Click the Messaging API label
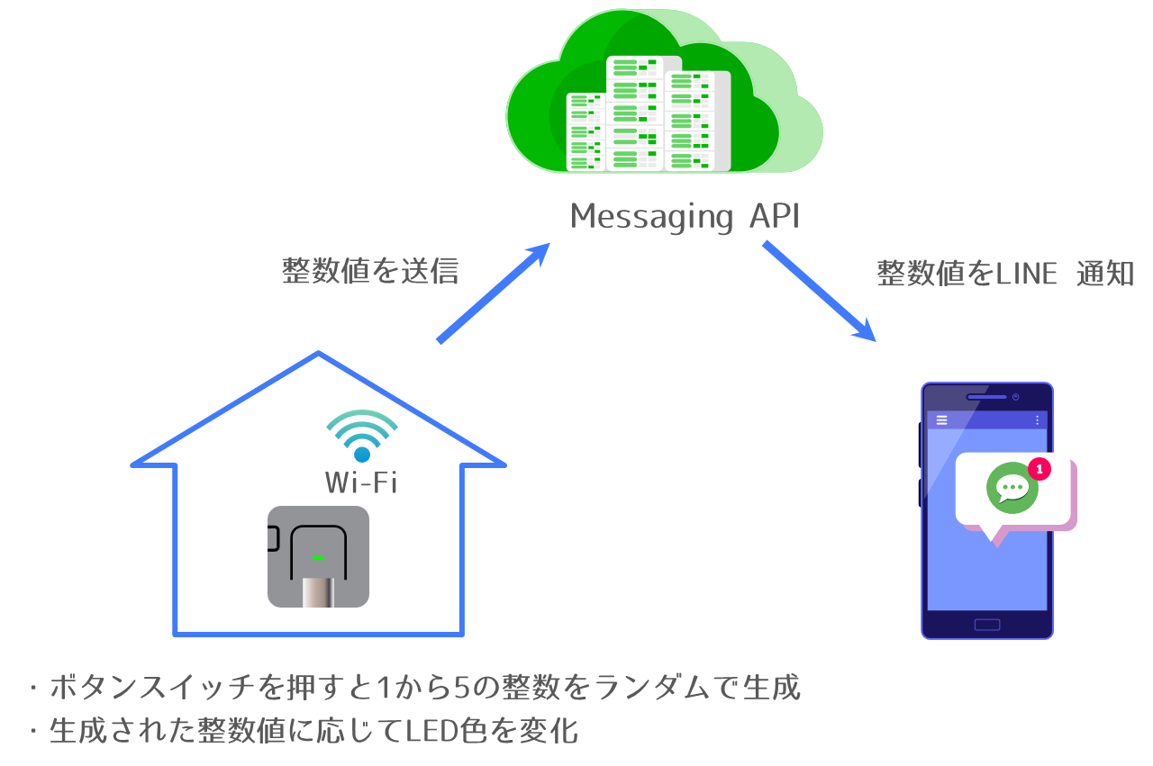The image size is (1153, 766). point(685,217)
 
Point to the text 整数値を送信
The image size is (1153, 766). point(370,271)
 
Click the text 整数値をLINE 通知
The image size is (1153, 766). point(1005,274)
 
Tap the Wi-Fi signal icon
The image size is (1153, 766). point(361,436)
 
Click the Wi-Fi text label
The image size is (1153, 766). point(361,483)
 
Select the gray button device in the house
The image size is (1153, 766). point(318,556)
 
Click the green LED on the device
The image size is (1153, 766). point(318,558)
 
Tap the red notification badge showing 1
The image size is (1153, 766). point(1039,469)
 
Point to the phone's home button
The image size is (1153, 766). point(987,625)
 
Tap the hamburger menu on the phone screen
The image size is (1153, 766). point(942,420)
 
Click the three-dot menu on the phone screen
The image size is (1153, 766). point(1037,420)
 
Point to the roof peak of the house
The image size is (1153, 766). point(318,354)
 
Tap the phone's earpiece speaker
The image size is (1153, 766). point(986,397)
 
